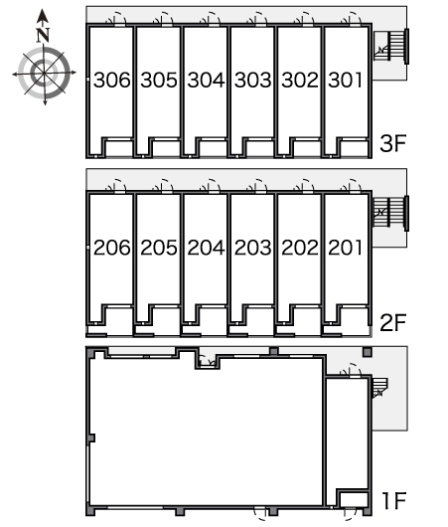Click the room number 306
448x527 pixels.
(112, 80)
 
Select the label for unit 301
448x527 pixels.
(346, 80)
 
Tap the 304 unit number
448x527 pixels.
(206, 80)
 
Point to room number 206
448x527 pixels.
(112, 248)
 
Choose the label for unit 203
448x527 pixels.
(253, 248)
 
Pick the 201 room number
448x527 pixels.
(346, 248)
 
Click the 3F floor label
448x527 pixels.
(393, 142)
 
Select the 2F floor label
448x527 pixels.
(393, 322)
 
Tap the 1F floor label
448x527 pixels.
(394, 501)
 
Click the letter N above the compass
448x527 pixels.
(43, 35)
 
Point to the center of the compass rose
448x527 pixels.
(44, 73)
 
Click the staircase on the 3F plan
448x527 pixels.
(391, 46)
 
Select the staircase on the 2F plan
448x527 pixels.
(391, 214)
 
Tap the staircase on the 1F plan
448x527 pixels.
(379, 388)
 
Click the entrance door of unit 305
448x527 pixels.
(164, 19)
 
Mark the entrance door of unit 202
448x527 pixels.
(305, 187)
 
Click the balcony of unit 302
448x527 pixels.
(305, 148)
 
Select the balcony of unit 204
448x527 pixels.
(212, 321)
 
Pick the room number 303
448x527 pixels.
(253, 80)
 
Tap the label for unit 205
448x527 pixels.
(159, 248)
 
